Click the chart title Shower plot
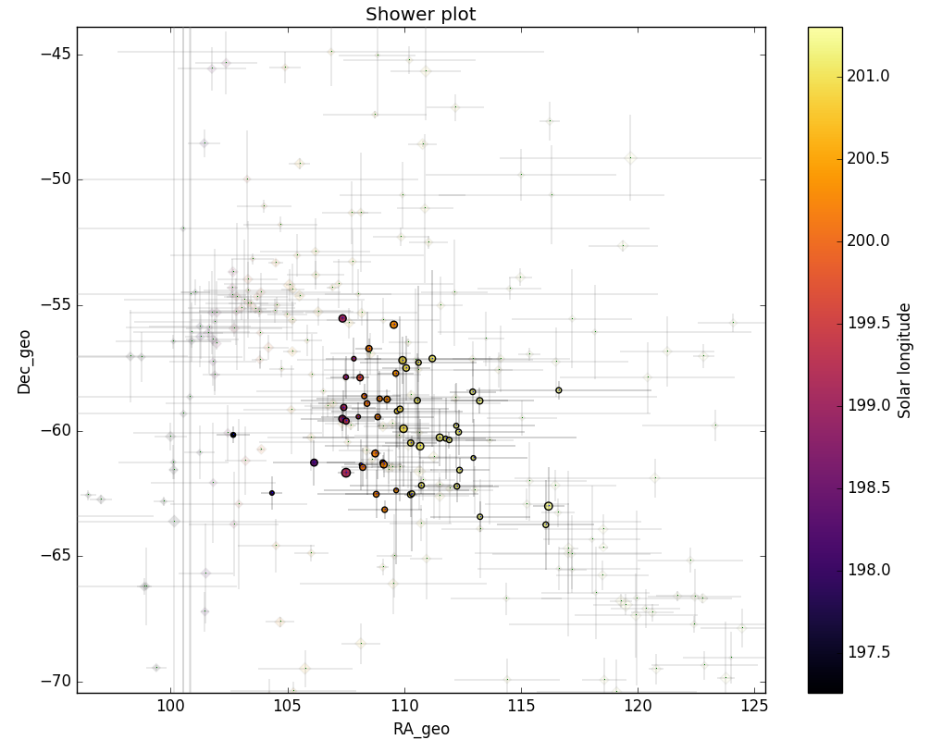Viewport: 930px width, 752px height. pos(420,14)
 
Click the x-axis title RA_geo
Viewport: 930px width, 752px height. pos(421,729)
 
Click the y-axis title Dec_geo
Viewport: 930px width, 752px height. pos(24,362)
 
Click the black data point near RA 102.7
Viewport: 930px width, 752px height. pos(233,434)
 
